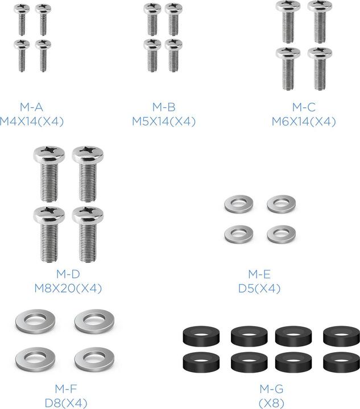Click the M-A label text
click(x=31, y=107)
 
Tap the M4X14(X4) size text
click(x=32, y=122)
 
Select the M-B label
click(x=164, y=107)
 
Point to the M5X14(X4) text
click(x=164, y=122)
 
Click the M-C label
click(x=304, y=107)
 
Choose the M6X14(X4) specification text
click(x=304, y=122)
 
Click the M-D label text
click(x=68, y=274)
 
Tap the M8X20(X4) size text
click(x=68, y=288)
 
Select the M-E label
click(x=259, y=274)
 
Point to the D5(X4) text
click(x=259, y=288)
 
